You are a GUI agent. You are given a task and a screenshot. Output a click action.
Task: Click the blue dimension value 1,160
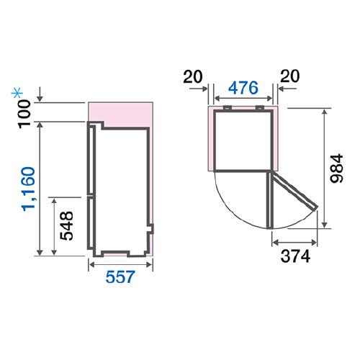coord(29,189)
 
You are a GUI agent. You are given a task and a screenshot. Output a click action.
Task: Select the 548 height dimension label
coord(66,226)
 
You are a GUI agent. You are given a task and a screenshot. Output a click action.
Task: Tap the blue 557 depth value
coord(120,276)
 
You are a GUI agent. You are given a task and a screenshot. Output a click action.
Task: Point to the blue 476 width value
coord(243,88)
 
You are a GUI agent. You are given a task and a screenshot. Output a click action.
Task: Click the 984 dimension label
coord(336,168)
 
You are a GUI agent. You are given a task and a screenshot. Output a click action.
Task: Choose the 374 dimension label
coord(295,256)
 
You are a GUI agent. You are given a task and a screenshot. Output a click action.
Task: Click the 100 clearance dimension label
coord(24,114)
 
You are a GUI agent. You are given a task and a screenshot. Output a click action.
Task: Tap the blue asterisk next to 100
coord(17,94)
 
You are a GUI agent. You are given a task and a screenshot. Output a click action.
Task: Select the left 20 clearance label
coord(193,76)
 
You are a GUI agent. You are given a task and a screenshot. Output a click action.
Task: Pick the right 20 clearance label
coord(290,76)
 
